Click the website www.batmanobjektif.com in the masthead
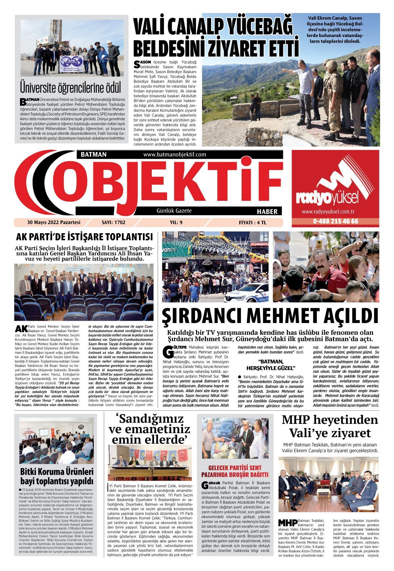[174, 154]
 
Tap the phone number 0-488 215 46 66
[335, 221]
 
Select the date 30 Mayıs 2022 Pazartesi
[54, 222]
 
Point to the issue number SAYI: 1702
[114, 222]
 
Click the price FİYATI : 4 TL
[252, 222]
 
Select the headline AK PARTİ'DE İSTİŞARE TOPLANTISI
[85, 237]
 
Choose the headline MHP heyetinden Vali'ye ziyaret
[330, 426]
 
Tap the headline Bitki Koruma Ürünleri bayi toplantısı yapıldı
[57, 476]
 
